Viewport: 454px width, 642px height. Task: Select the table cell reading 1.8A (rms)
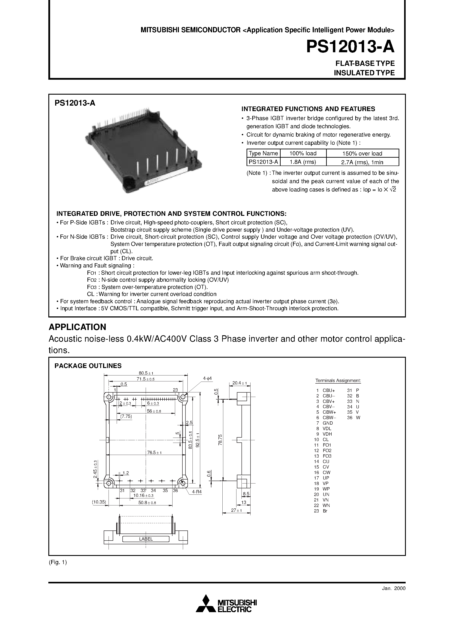click(x=303, y=162)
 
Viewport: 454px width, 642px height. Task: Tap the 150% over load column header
click(x=362, y=153)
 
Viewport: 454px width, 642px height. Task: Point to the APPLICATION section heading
click(x=77, y=327)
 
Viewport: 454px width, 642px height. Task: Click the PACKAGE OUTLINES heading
click(x=88, y=366)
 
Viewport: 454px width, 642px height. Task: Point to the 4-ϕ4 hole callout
click(x=207, y=378)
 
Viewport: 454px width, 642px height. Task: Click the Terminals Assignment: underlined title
click(x=338, y=381)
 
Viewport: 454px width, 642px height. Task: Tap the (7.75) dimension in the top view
click(x=126, y=416)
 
